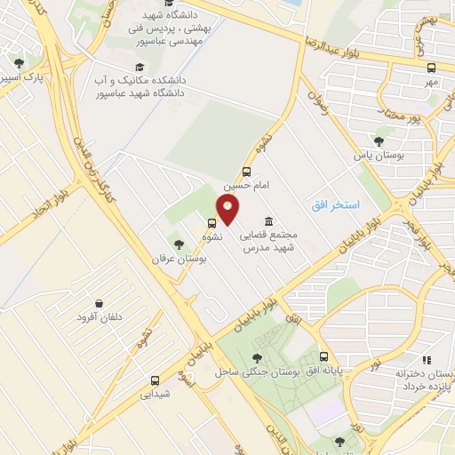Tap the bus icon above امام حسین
[x=246, y=172]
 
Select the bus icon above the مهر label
[x=432, y=68]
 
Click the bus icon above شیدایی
[x=155, y=379]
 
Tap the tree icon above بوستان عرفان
[x=179, y=243]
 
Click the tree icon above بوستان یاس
[x=379, y=140]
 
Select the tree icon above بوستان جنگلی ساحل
[x=258, y=357]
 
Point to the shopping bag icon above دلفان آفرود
[x=98, y=304]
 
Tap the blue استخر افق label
[x=335, y=205]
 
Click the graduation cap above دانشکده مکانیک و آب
[x=139, y=68]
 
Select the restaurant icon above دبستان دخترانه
[x=427, y=361]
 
